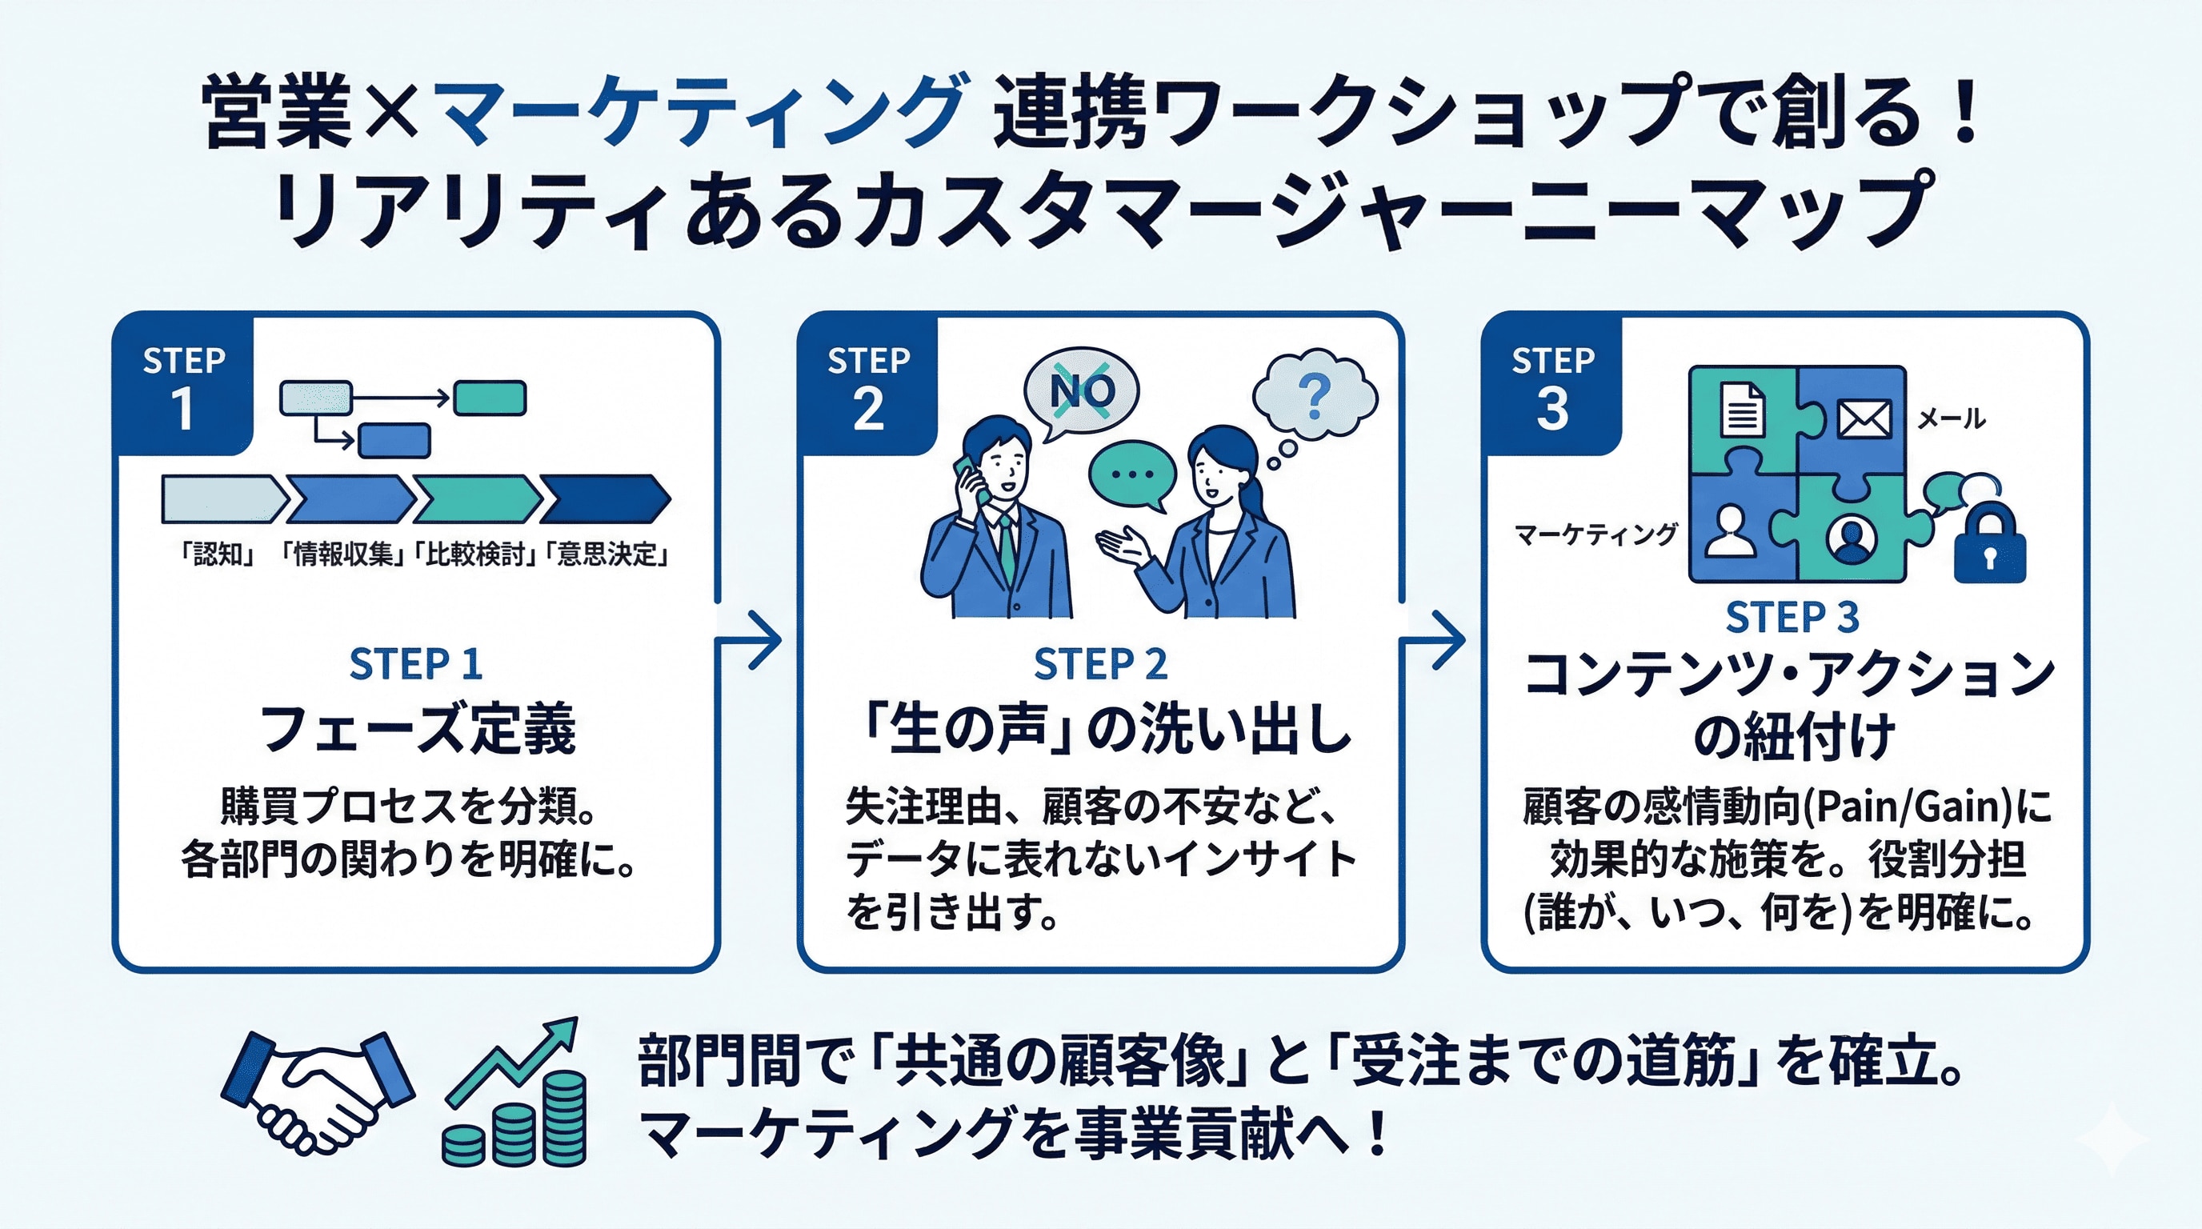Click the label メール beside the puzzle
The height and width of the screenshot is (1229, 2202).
pyautogui.click(x=1951, y=418)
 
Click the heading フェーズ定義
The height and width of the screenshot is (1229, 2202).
pyautogui.click(x=417, y=728)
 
